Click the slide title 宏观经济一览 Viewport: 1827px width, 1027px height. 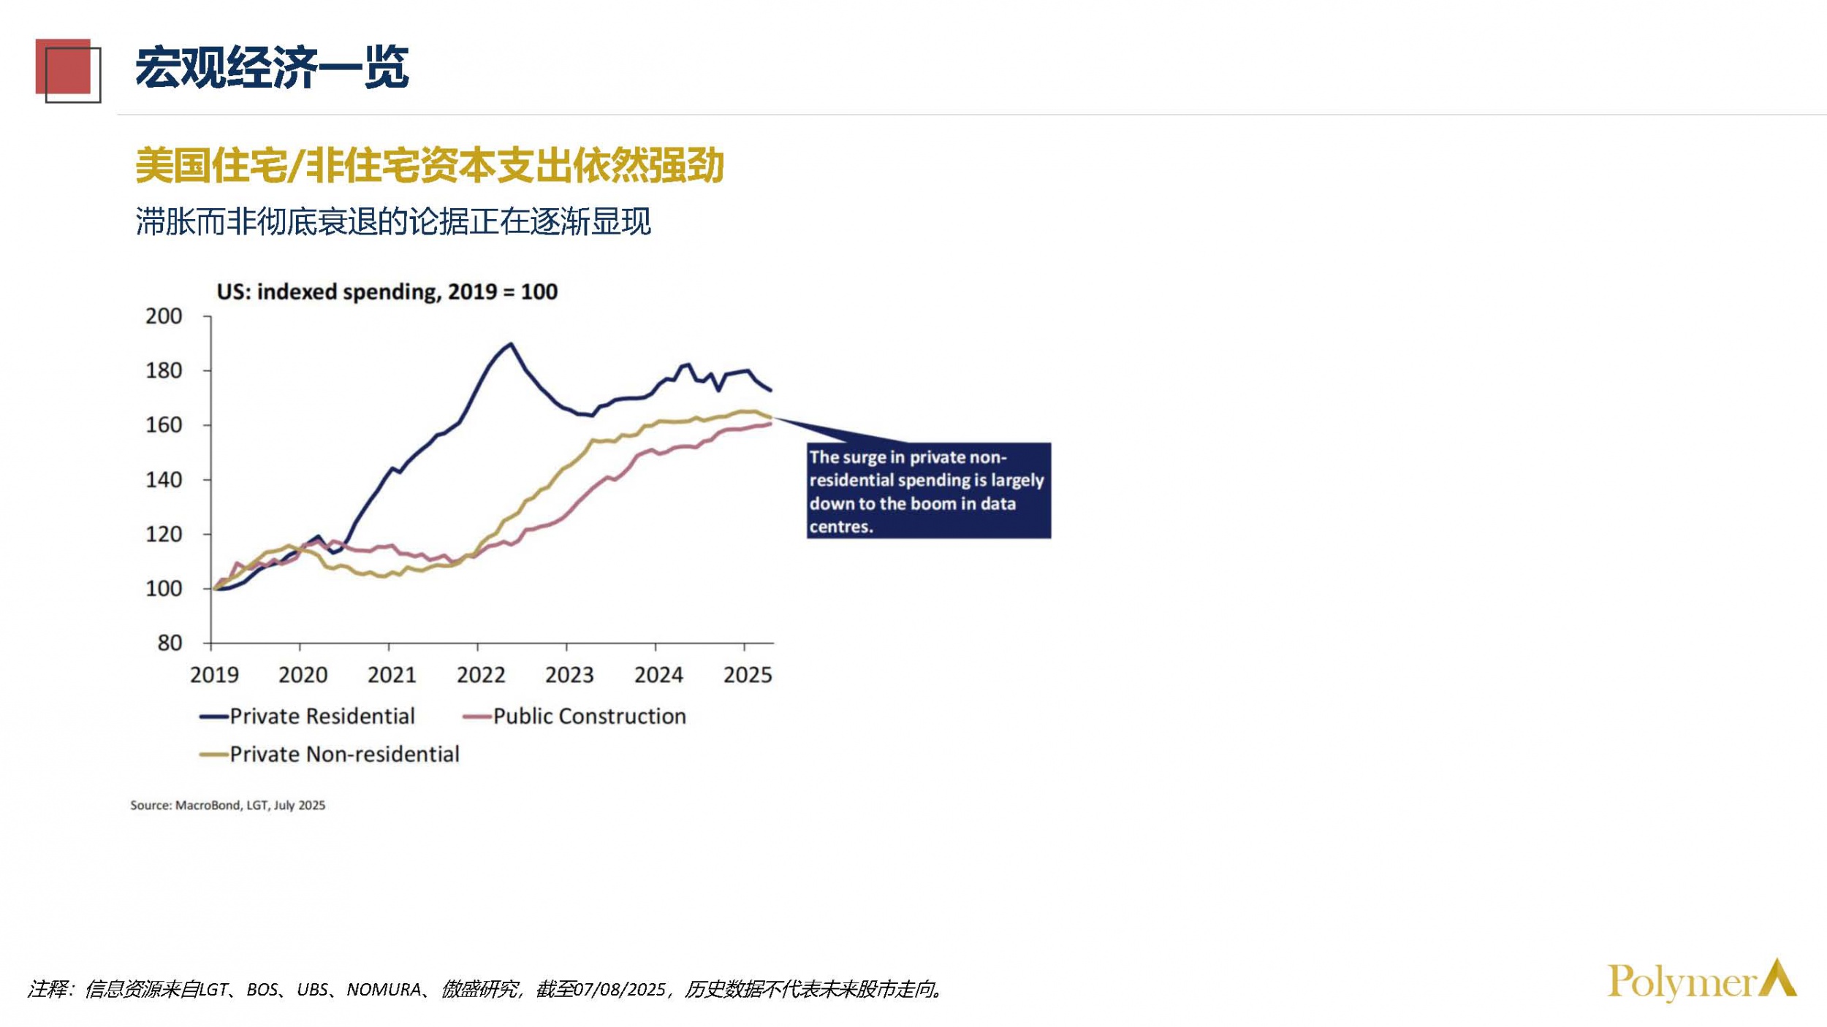coord(271,68)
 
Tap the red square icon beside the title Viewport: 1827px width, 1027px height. coord(64,68)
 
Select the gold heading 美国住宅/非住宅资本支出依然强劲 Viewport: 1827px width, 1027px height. coord(429,165)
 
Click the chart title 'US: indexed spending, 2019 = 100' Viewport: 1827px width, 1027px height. coord(387,292)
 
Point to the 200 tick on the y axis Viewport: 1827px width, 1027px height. coord(164,316)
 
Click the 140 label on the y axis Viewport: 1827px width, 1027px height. coord(164,480)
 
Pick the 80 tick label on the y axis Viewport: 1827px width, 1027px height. coord(170,643)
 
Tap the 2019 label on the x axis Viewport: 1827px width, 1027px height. coord(214,675)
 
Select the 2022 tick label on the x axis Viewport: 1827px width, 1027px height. coord(481,675)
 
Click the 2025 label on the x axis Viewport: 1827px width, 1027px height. coord(747,675)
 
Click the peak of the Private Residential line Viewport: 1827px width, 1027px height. coord(511,344)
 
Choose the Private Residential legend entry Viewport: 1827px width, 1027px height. coord(308,717)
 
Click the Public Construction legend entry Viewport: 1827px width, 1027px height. coord(575,717)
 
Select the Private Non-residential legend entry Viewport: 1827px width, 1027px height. coord(330,755)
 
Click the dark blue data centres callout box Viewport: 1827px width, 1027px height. coord(928,491)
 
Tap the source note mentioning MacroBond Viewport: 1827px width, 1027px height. coord(227,805)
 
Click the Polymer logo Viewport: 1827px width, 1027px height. coord(1701,980)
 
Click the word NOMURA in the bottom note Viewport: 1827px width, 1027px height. coord(383,990)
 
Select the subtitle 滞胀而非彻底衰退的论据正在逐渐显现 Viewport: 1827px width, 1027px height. coord(392,222)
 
